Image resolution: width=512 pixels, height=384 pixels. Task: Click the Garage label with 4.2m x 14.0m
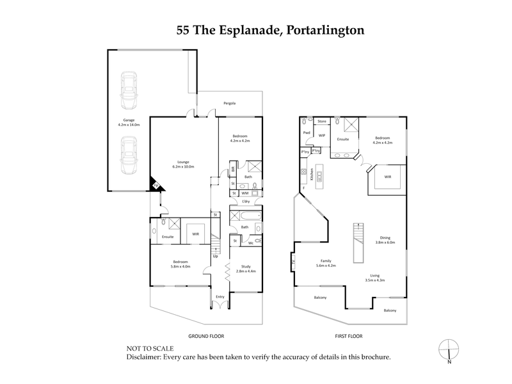129,122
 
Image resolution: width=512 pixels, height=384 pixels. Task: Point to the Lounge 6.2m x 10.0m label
182,164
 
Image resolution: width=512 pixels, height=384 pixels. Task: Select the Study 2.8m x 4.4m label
246,268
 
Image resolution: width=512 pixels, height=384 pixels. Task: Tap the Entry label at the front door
220,296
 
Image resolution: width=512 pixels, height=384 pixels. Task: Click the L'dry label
246,202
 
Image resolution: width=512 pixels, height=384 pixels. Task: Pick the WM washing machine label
245,193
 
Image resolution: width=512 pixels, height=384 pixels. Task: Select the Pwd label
307,133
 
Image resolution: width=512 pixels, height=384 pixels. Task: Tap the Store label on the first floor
322,121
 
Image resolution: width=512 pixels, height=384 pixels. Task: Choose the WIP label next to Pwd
322,136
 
